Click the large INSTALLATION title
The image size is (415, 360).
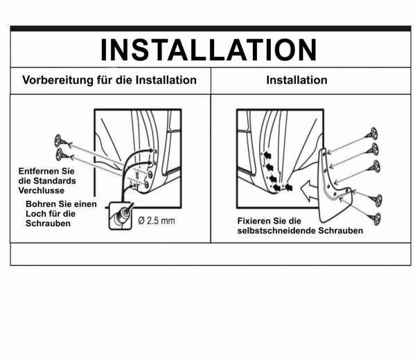coord(209,50)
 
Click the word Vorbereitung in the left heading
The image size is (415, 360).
coord(58,80)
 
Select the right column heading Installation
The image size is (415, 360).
coord(297,80)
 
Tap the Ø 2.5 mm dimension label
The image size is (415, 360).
coord(157,221)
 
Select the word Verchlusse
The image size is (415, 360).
coord(42,190)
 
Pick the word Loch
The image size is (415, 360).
coord(35,214)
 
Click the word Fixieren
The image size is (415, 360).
coord(254,221)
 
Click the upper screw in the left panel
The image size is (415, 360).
coord(63,141)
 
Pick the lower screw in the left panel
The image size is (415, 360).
coord(64,155)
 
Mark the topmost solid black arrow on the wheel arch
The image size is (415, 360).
coord(267,155)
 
